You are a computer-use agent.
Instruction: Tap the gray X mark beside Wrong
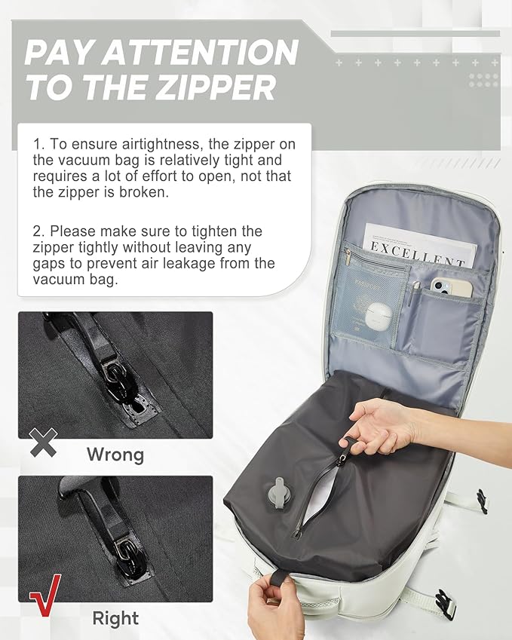(x=43, y=443)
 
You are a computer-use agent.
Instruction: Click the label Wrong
(x=115, y=455)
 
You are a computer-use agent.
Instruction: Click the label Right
(x=116, y=618)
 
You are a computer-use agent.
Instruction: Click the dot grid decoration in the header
(x=483, y=80)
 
